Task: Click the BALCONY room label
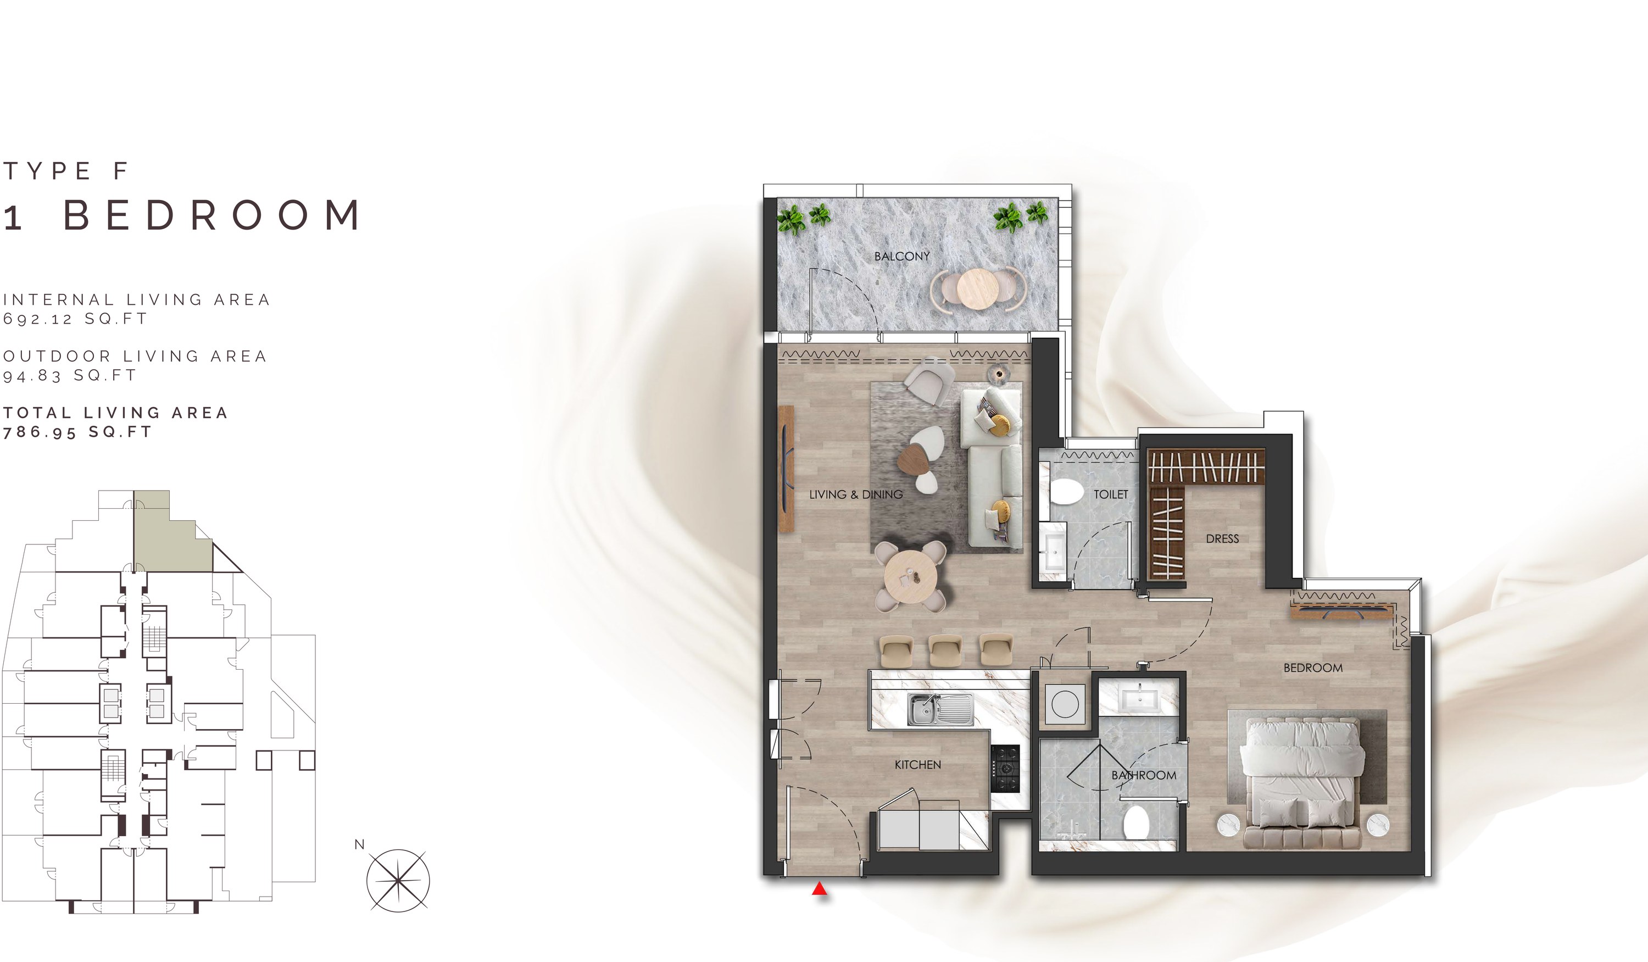point(902,257)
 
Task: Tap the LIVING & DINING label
point(855,494)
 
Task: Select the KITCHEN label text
point(917,765)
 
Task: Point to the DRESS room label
point(1222,539)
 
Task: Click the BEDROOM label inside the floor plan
point(1313,668)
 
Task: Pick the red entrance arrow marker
point(820,889)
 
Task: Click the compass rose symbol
point(398,880)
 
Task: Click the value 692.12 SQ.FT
point(75,319)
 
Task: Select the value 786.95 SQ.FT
point(77,432)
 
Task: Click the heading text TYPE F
point(65,171)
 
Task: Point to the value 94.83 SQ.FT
point(69,375)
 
